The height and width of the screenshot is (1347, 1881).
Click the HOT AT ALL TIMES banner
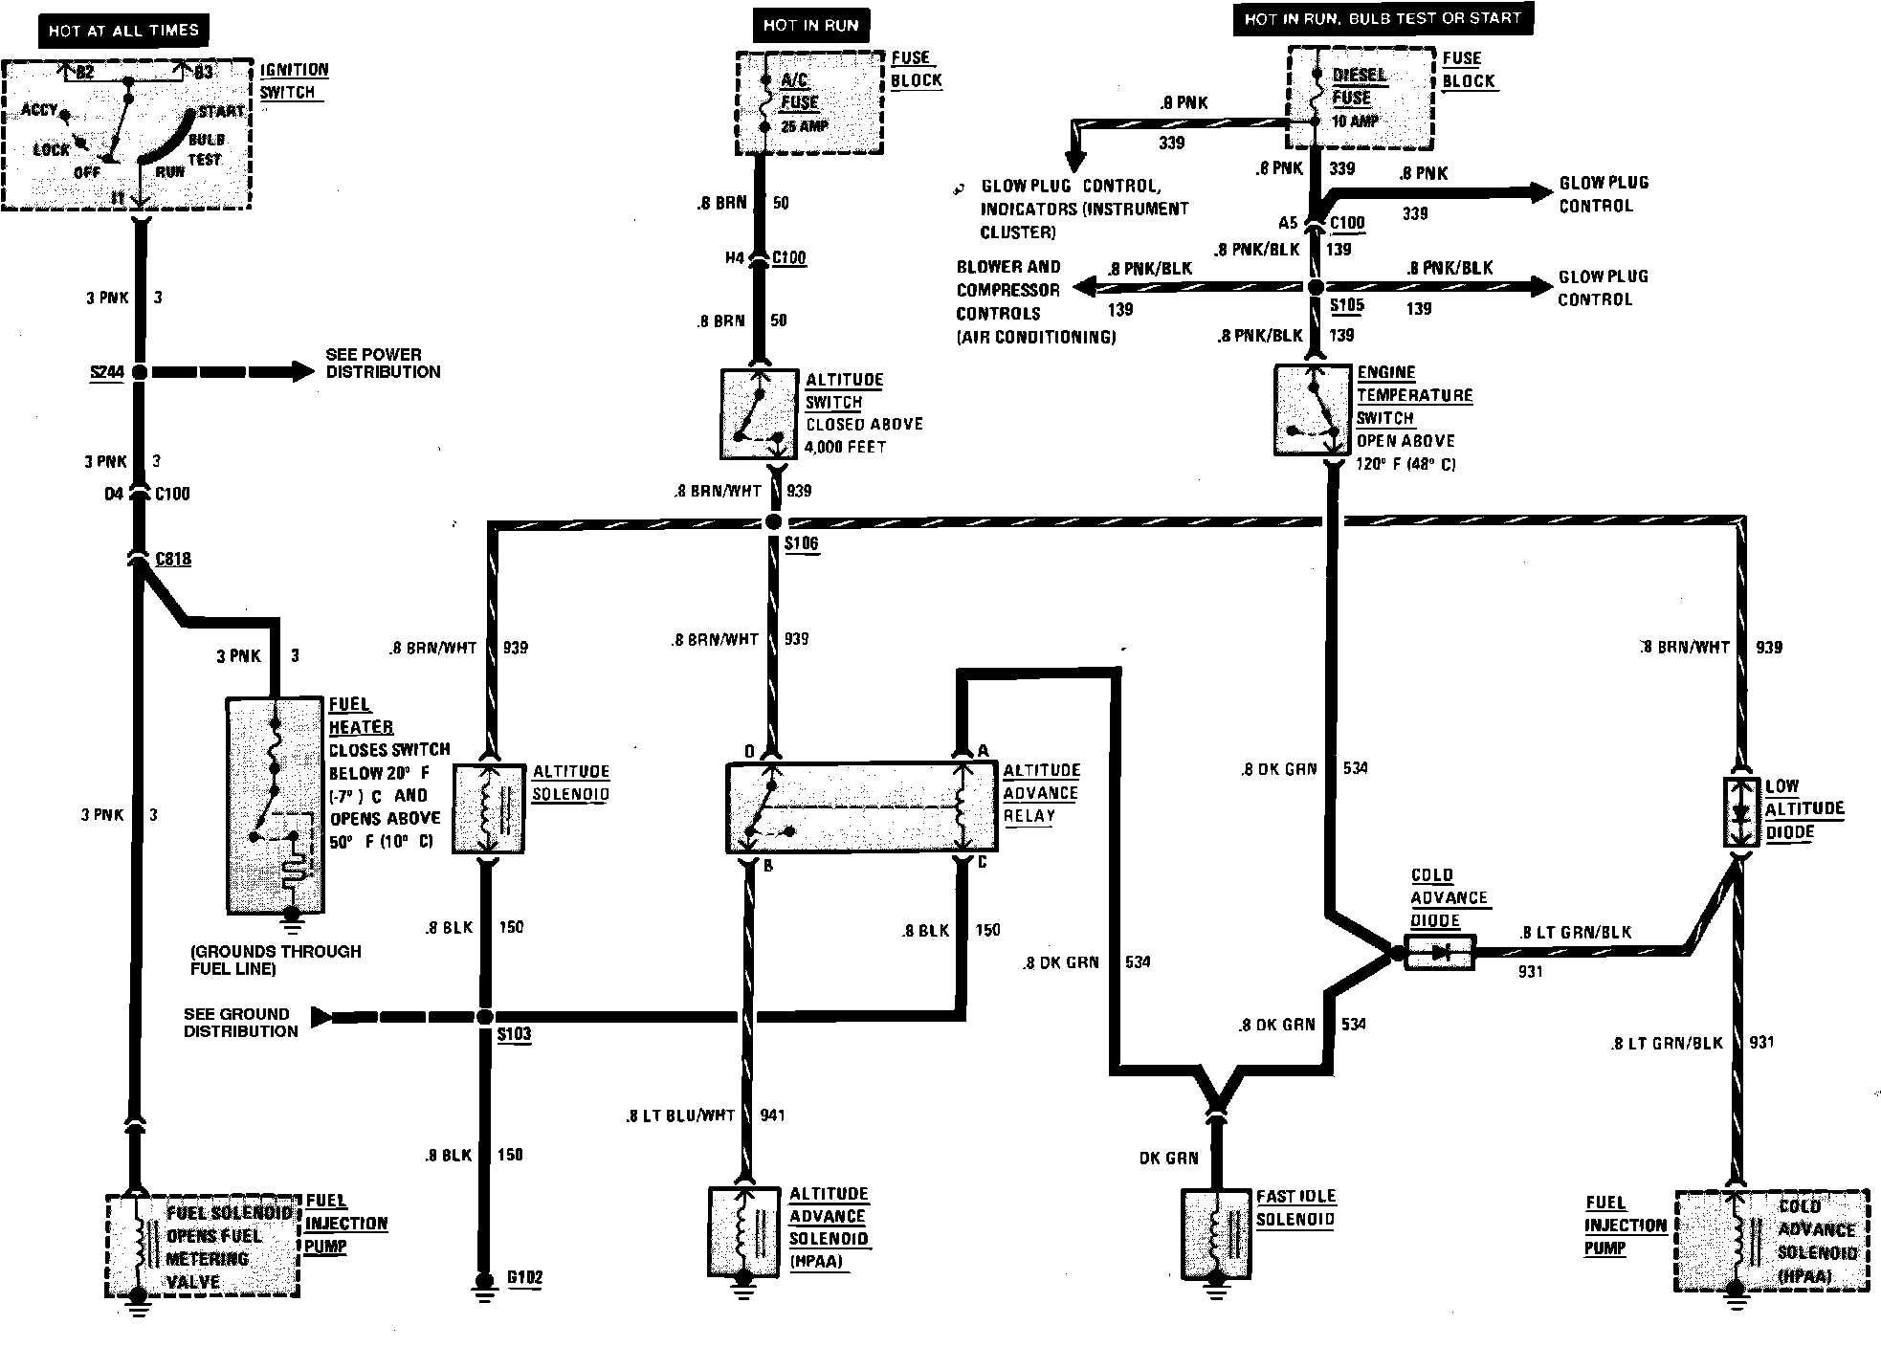(123, 31)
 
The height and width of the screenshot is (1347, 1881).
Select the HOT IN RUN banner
(810, 26)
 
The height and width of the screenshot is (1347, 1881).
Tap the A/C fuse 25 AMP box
(809, 102)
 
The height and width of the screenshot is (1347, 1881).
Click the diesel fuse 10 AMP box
(1360, 99)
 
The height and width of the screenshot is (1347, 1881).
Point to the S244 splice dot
(140, 372)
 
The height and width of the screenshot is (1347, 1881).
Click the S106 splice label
(801, 543)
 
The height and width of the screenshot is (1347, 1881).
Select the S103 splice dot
(485, 1017)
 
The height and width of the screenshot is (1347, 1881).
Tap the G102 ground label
(525, 1277)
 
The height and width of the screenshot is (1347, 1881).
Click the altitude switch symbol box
(760, 414)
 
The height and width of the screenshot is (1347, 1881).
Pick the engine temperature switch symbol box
(1314, 409)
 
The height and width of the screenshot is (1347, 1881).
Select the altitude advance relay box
(861, 807)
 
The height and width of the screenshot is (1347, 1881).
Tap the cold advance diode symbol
(1439, 952)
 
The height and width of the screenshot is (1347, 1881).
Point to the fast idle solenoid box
(1216, 1234)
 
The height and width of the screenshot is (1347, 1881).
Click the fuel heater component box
(274, 805)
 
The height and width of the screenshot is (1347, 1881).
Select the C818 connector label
(172, 559)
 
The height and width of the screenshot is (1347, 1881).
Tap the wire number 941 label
(772, 1115)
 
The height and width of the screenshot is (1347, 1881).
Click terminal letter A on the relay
(983, 751)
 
